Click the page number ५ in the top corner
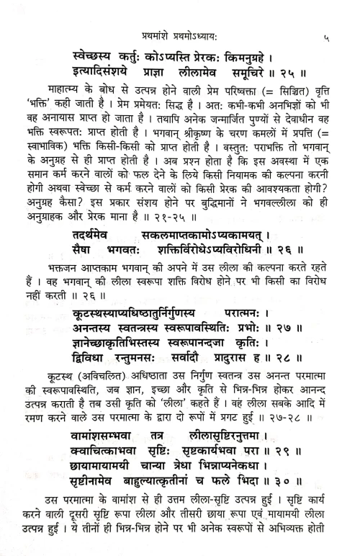coord(328,32)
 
